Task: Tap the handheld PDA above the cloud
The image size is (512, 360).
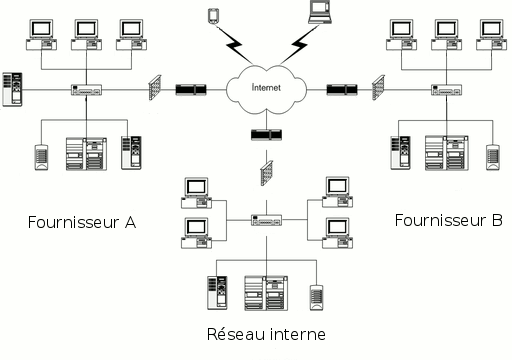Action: tap(212, 15)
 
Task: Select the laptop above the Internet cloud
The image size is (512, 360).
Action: tap(320, 12)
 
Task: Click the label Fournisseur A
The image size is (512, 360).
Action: tap(82, 221)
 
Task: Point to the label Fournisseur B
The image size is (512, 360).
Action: tap(448, 220)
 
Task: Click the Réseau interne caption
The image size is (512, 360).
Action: tap(265, 333)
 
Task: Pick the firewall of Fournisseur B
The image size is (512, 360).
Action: tap(378, 89)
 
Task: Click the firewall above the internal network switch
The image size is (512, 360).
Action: tap(266, 175)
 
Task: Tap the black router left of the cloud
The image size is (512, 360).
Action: tap(191, 90)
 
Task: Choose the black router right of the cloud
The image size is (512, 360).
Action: tap(341, 90)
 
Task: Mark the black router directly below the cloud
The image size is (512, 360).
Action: tap(266, 134)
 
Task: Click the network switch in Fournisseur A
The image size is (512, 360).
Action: tap(87, 90)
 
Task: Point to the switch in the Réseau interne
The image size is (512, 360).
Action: tap(266, 220)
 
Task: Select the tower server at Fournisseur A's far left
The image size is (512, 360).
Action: tap(13, 89)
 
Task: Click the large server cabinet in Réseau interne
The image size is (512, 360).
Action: tap(266, 293)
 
